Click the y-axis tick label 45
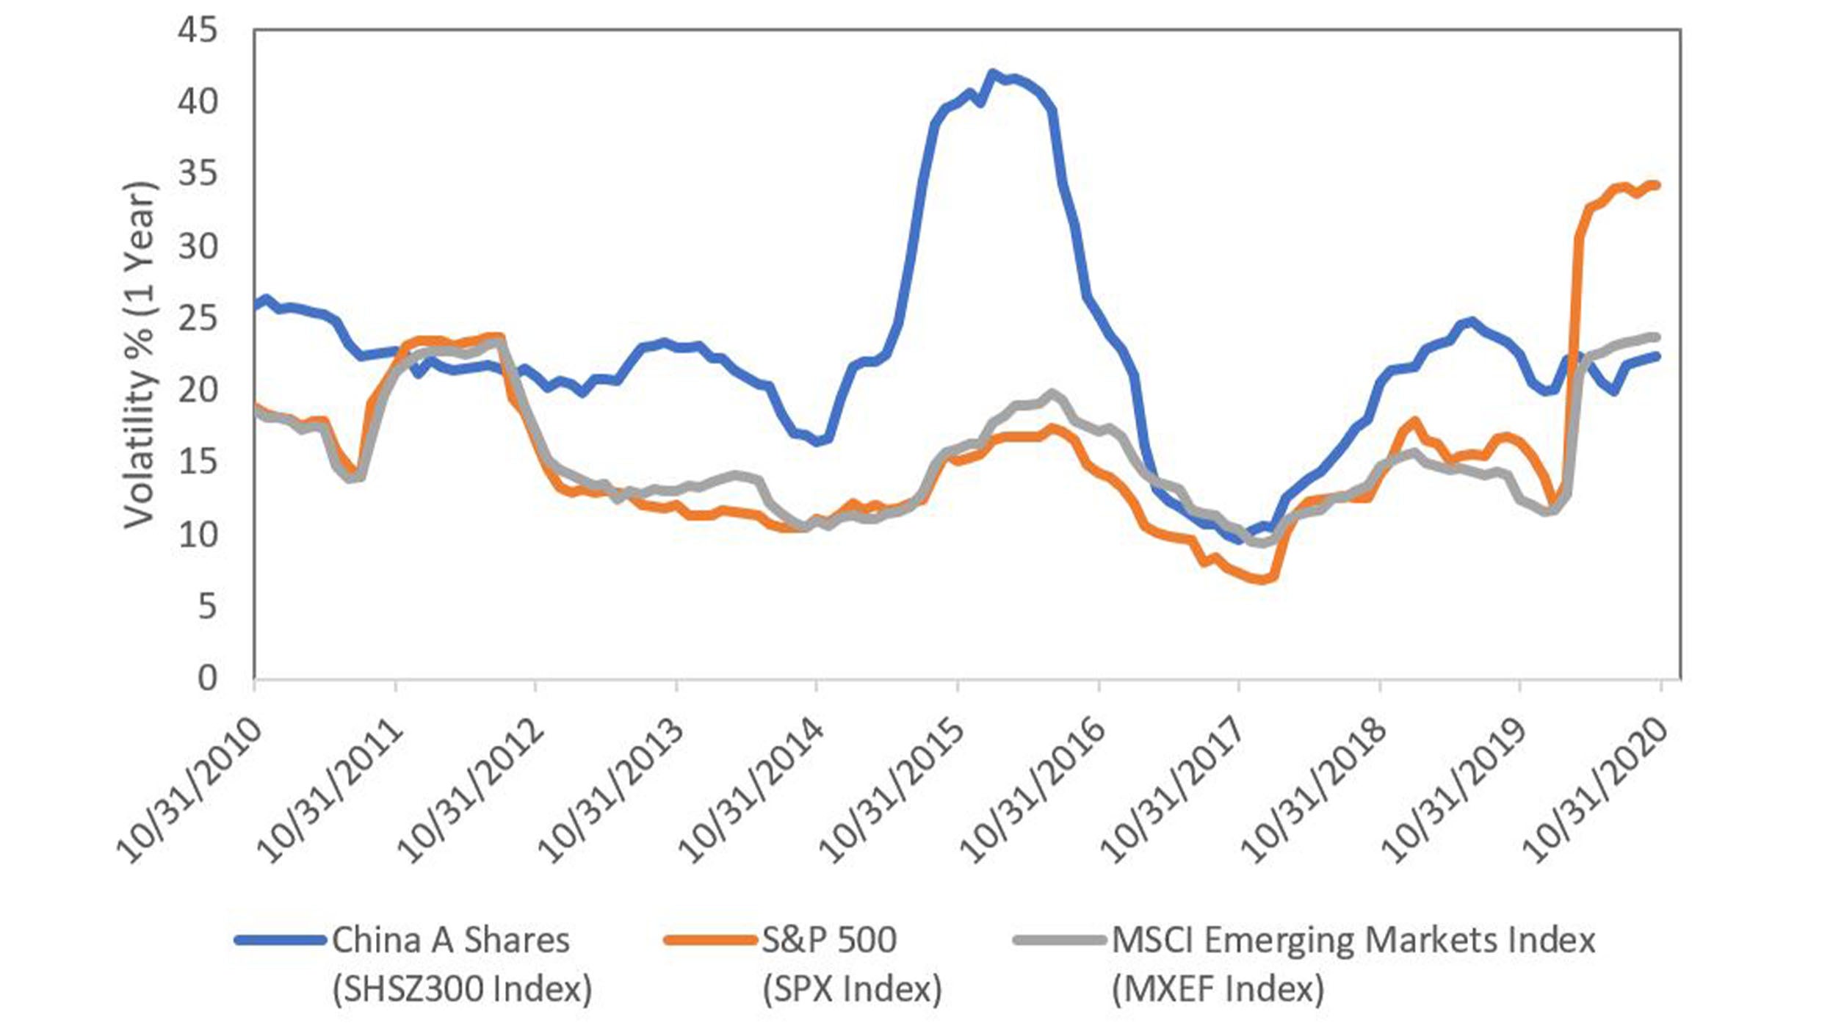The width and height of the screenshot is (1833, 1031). coord(198,30)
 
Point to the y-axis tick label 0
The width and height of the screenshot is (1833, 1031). coord(207,678)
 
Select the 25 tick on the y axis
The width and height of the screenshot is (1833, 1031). coord(198,318)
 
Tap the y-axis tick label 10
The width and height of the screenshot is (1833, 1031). coord(198,535)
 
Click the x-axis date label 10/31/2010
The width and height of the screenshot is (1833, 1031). coord(189,789)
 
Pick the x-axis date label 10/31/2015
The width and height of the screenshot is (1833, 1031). coord(892,789)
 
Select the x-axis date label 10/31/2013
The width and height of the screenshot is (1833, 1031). coord(611,789)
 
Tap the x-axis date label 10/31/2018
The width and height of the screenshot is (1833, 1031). coord(1314,789)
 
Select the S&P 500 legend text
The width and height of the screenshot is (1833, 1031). coord(829,941)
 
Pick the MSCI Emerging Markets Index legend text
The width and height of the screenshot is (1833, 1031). coord(1353,941)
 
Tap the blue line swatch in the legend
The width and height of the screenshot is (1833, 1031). coord(280,940)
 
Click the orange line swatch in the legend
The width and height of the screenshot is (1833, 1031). coord(709,940)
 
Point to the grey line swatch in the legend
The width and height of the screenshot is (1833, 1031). coord(1059,940)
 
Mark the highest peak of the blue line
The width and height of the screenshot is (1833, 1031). coord(992,73)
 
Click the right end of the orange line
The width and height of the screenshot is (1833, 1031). coord(1657,185)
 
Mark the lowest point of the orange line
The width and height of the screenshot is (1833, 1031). coord(1262,579)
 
